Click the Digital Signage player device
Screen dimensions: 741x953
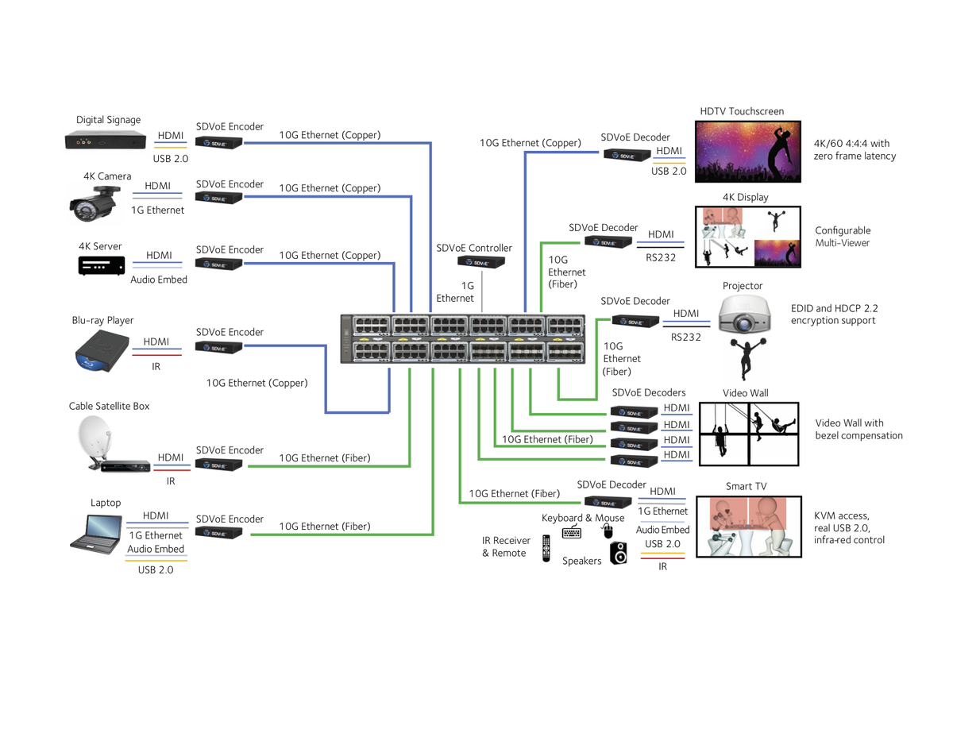pos(105,142)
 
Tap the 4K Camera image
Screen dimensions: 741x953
pos(96,203)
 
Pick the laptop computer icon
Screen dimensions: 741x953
pos(95,533)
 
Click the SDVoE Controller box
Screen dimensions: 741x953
pos(480,261)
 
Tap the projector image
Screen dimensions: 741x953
pos(743,315)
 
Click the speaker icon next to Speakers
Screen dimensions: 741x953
pos(618,553)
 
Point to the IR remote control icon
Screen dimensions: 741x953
pos(546,548)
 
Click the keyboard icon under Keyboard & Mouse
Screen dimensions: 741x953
pos(572,532)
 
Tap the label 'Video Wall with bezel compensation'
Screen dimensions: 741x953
pos(858,430)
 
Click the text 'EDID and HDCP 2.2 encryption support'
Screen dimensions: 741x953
pos(834,315)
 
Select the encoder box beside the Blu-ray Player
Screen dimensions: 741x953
pos(218,347)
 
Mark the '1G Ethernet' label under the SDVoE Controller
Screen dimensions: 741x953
pos(455,291)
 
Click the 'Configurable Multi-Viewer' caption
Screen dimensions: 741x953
pos(843,237)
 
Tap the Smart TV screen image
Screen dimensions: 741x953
pos(747,527)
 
